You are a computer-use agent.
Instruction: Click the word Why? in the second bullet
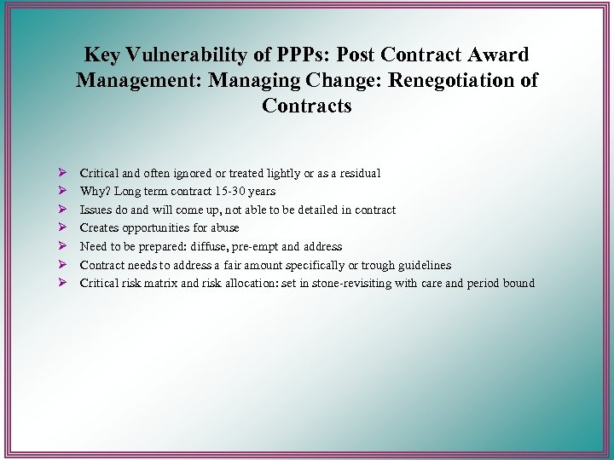click(x=95, y=192)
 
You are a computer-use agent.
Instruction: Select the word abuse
click(x=223, y=227)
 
